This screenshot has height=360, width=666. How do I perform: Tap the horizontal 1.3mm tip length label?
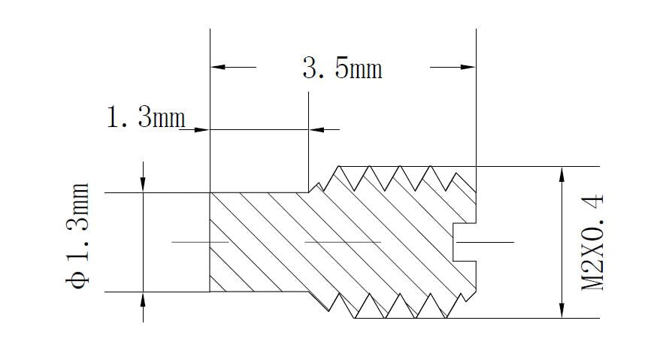click(x=144, y=118)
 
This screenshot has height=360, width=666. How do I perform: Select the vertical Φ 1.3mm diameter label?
click(x=77, y=234)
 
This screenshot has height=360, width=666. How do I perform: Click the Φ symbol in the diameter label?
click(x=77, y=279)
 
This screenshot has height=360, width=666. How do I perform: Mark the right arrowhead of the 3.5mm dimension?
click(x=468, y=68)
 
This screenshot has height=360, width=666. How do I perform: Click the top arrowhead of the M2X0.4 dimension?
click(x=562, y=174)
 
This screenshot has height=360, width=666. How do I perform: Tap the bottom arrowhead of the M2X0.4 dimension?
click(x=562, y=310)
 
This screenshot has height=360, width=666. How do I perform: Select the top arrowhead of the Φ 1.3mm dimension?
click(x=144, y=185)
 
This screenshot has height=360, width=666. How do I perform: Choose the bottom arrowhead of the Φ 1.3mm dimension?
click(x=144, y=299)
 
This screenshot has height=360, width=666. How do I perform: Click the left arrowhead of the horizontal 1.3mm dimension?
click(x=201, y=129)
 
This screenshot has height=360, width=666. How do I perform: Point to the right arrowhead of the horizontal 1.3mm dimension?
click(x=317, y=129)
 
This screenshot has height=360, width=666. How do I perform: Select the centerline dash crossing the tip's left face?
click(x=200, y=242)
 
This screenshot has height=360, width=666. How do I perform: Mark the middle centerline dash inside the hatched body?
click(x=342, y=242)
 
